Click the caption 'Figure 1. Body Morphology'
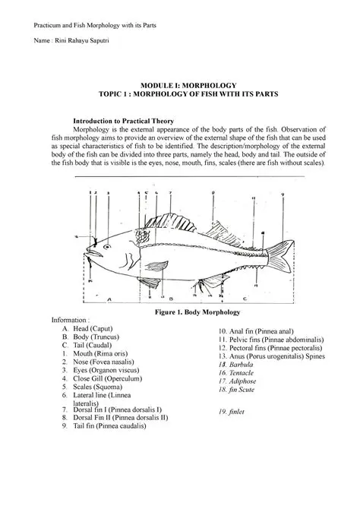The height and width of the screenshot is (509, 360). (197, 311)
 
